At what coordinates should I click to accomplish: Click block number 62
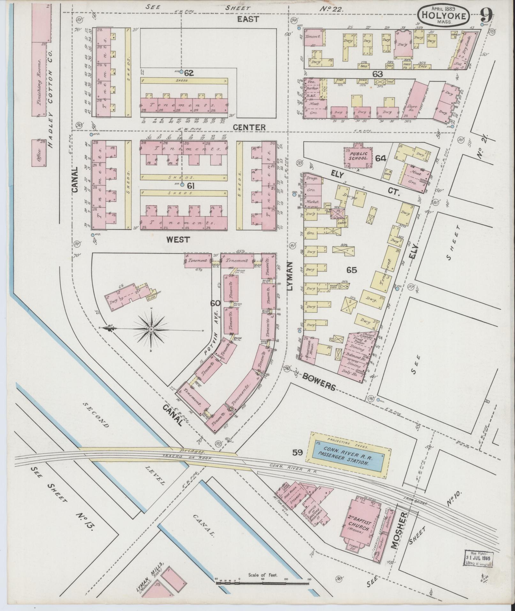189,73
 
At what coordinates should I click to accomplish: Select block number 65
352,270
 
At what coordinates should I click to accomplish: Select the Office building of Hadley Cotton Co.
38,153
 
